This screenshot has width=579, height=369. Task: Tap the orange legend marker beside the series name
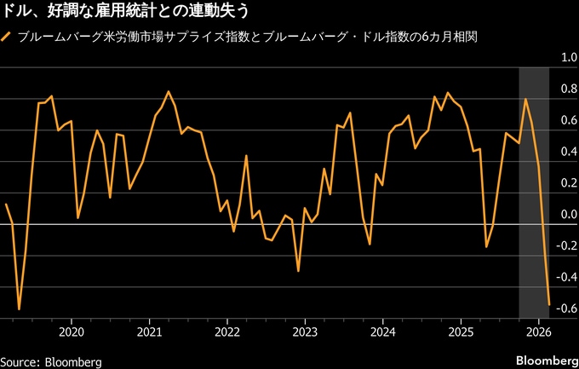coord(9,37)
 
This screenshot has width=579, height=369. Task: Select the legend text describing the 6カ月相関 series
coord(229,37)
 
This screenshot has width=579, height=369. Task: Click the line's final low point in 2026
coord(549,303)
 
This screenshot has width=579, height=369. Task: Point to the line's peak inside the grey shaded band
coord(525,99)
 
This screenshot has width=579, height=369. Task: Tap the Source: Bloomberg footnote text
coord(51,361)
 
